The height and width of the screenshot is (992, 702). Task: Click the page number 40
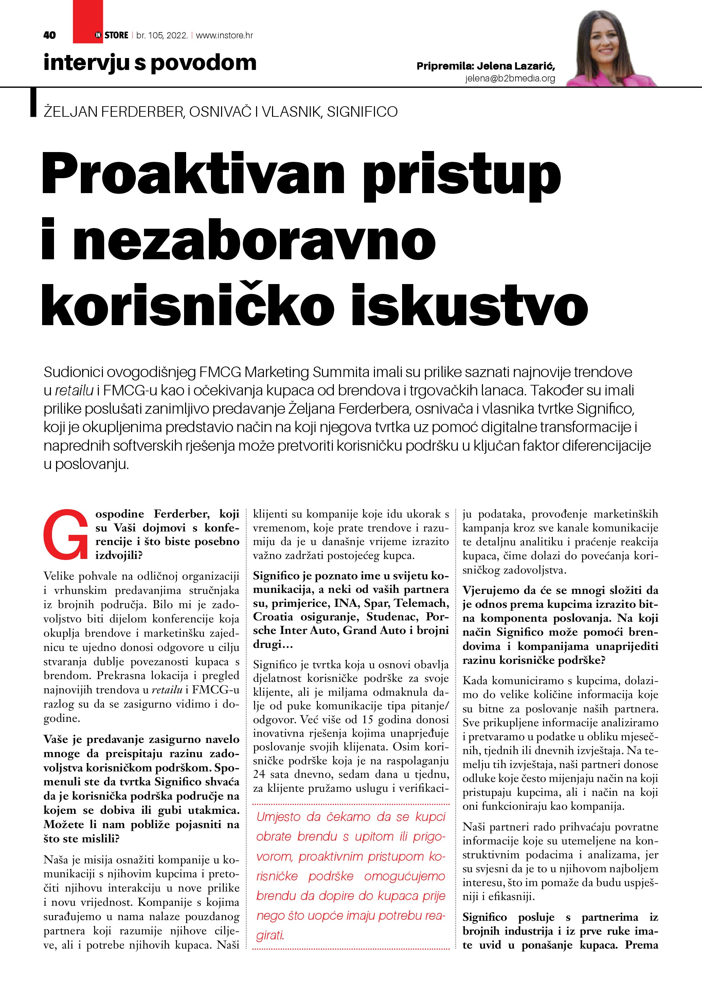[50, 35]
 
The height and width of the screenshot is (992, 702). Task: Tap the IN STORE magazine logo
[111, 35]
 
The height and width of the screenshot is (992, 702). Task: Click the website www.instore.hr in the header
[224, 35]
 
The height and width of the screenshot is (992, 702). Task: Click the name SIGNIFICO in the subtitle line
[362, 112]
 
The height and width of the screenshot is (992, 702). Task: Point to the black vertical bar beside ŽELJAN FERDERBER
[33, 102]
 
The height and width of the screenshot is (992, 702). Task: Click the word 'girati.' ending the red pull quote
[270, 935]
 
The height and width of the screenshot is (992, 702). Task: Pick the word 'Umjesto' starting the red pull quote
[278, 817]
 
